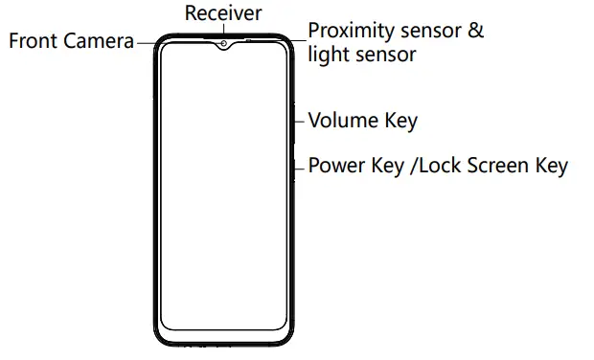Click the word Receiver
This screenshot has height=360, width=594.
222,13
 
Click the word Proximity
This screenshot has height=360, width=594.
352,31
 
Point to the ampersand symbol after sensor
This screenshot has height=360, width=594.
475,31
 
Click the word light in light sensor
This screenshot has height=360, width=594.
327,55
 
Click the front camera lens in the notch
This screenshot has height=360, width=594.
223,43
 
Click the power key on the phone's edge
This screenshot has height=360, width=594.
293,166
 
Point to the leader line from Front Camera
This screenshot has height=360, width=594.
145,42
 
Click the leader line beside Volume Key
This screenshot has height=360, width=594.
300,122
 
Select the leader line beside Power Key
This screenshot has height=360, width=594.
300,166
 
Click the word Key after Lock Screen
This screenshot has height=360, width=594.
551,166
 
